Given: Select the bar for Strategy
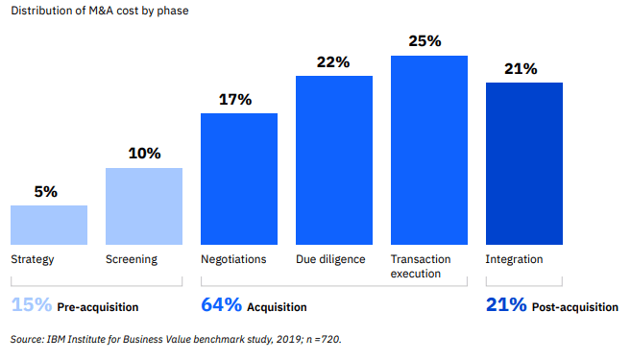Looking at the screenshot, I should [49, 224].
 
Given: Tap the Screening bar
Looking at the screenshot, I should [144, 205].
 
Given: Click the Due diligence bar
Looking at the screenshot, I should [334, 159].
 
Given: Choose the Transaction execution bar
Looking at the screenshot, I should [429, 149].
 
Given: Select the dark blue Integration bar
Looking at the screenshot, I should [523, 162].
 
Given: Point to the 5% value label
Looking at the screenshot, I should [46, 191].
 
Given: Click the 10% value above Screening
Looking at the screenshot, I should [144, 154].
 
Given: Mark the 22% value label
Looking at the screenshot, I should [333, 61].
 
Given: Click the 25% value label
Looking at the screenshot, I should [425, 41].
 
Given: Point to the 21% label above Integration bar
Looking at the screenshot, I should [520, 68].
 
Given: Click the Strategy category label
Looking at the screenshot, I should [32, 259].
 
